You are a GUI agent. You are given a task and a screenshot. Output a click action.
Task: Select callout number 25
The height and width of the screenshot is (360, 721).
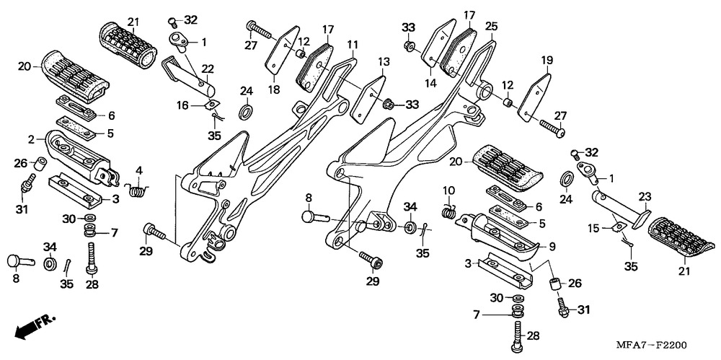click(492, 27)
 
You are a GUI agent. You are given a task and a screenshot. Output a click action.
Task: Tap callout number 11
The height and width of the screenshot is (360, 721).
click(352, 45)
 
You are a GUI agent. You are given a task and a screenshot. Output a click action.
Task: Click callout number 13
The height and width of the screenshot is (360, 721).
click(383, 61)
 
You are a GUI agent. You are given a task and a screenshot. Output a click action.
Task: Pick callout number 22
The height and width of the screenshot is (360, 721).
click(208, 69)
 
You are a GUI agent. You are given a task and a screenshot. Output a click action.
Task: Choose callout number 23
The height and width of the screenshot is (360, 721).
click(645, 196)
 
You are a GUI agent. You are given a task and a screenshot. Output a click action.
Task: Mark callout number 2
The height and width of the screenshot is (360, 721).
click(32, 139)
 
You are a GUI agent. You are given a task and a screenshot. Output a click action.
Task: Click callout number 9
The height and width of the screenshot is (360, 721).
click(552, 246)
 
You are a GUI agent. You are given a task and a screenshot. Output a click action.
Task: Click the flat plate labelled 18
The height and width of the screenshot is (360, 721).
click(284, 51)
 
